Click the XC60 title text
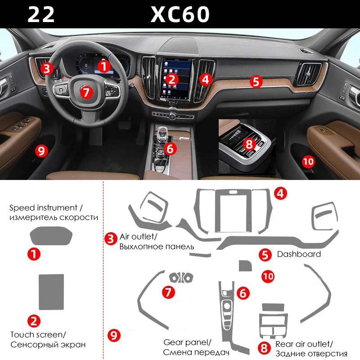(180, 14)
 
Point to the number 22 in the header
(41, 14)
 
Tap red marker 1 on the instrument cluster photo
(104, 67)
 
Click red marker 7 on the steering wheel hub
(87, 92)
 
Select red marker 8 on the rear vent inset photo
(249, 144)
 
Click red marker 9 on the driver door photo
(41, 151)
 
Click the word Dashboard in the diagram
(299, 254)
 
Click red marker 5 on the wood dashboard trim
(256, 81)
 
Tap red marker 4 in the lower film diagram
(280, 193)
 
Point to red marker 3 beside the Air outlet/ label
(111, 238)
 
